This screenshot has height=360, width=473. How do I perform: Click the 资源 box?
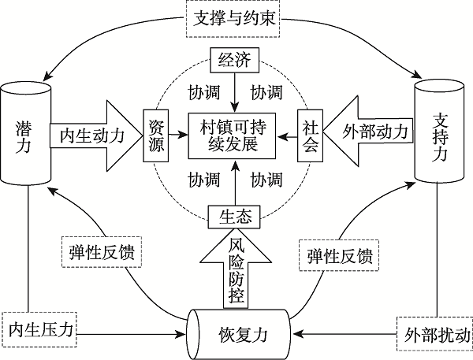[x=155, y=135]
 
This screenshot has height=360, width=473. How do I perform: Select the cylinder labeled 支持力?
[x=441, y=131]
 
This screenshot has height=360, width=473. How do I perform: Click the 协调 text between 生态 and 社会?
[x=266, y=180]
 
